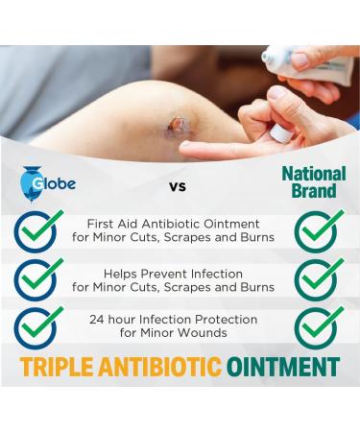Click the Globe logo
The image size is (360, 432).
[x=42, y=184]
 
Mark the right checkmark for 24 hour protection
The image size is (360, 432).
[x=318, y=326]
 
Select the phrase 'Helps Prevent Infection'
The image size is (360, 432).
[x=179, y=271]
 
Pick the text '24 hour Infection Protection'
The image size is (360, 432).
[x=179, y=318]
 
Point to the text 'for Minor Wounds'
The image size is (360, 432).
[x=179, y=334]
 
